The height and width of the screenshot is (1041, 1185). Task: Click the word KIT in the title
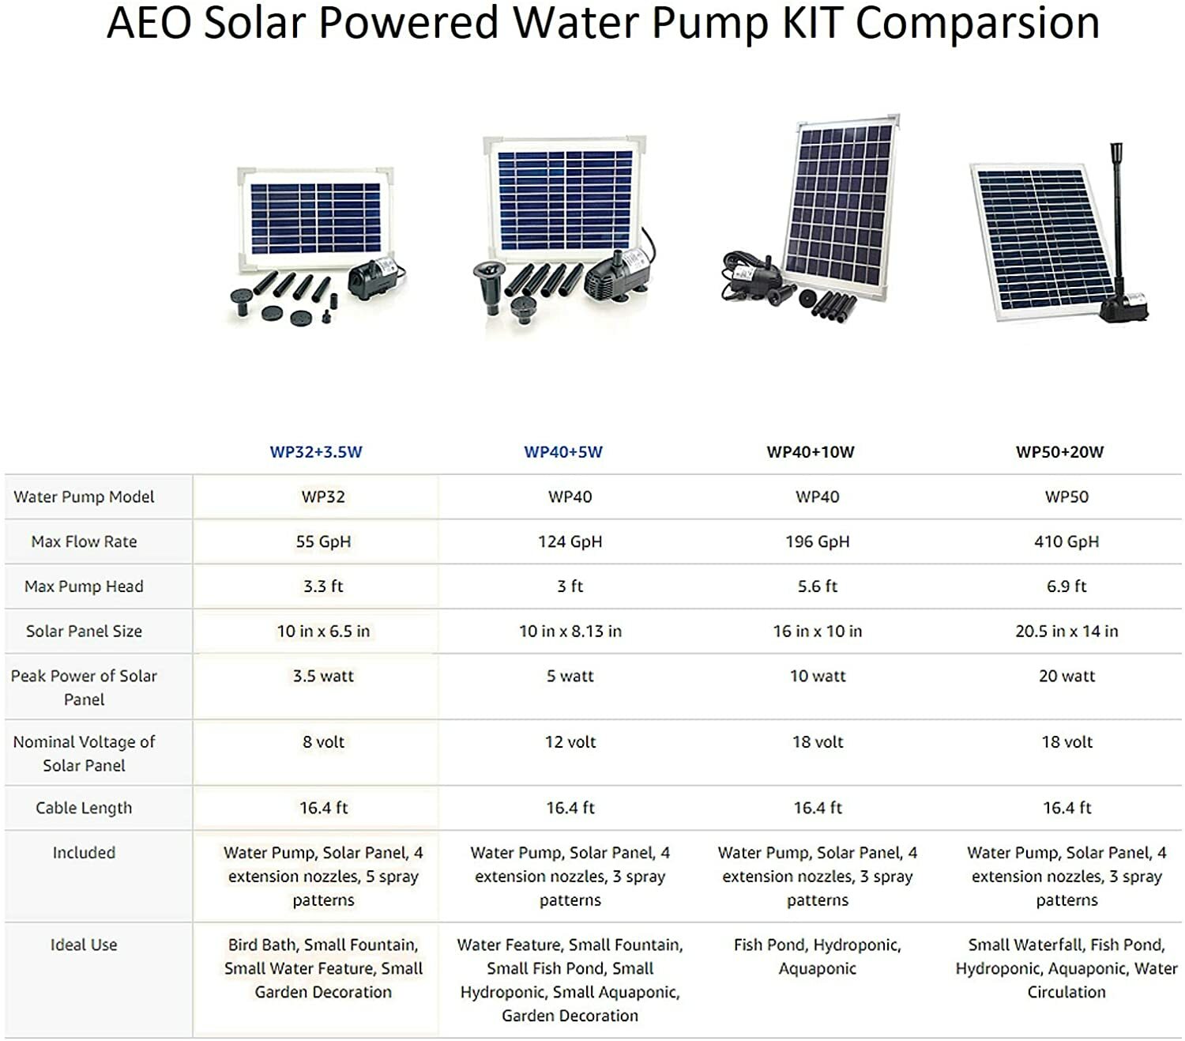coord(813,22)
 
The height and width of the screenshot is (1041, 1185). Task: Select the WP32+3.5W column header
coord(316,452)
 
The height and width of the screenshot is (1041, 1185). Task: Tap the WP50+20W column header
coord(1059,452)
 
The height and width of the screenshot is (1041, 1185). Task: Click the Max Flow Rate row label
coord(84,541)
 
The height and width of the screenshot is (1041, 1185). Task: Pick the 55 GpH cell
coord(323,541)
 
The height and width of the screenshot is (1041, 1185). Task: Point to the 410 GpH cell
coord(1066,541)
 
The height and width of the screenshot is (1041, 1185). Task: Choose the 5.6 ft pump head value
coord(818,587)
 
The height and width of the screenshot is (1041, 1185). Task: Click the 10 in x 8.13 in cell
coord(570,631)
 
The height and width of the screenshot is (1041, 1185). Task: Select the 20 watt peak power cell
coord(1066,676)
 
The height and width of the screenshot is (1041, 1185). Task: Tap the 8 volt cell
coord(323,742)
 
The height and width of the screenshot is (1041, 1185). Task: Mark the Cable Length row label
coord(84,808)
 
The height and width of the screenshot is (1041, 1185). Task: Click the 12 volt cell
coord(570,742)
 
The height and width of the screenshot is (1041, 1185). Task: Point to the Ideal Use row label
coord(84,945)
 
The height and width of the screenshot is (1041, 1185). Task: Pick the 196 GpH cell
coord(818,541)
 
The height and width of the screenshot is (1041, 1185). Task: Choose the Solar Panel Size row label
coord(84,631)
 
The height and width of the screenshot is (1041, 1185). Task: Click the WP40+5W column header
coord(563,452)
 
